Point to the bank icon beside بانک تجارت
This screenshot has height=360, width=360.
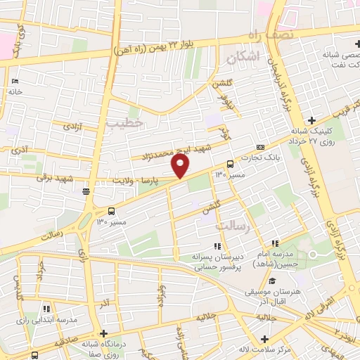[x=260, y=147]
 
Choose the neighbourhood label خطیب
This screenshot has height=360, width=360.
[x=124, y=123]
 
